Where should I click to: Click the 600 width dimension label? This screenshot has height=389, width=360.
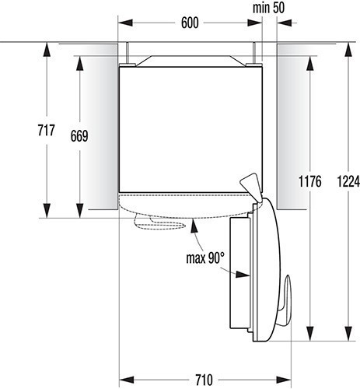click(190, 23)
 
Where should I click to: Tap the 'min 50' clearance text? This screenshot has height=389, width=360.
click(268, 8)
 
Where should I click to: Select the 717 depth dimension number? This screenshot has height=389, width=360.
click(47, 130)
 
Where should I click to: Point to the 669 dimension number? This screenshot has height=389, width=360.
click(79, 136)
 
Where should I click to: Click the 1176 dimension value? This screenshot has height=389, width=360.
click(310, 181)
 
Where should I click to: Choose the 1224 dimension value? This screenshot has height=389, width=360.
click(348, 181)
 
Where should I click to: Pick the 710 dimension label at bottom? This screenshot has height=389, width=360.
click(204, 380)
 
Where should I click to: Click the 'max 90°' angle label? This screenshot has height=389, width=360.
click(205, 258)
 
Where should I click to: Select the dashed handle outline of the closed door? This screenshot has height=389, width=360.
click(159, 223)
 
